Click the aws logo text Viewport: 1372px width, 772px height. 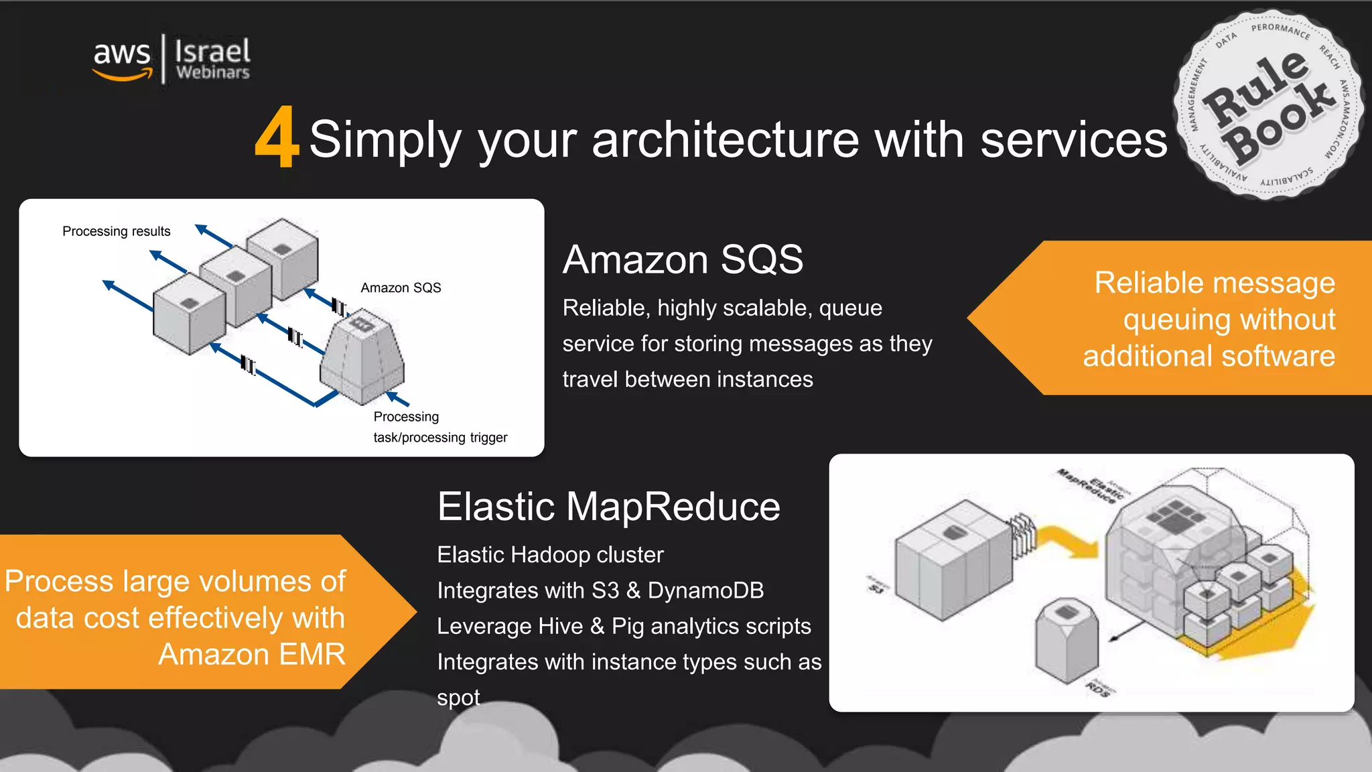point(121,54)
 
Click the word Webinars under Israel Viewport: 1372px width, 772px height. point(212,72)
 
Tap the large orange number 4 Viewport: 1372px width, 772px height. point(276,137)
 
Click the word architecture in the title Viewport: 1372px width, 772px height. point(725,139)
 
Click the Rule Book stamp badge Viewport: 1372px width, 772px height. point(1268,105)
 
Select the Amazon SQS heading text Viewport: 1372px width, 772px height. point(683,259)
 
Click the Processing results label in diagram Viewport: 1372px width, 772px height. point(116,231)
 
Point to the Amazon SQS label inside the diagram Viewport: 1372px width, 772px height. point(401,287)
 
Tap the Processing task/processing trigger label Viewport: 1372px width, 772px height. point(439,427)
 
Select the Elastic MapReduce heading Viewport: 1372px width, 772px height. point(608,506)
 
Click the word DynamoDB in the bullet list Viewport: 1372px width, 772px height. point(705,590)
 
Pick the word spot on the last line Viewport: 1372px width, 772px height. point(458,698)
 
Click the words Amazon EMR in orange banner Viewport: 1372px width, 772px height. point(251,654)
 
